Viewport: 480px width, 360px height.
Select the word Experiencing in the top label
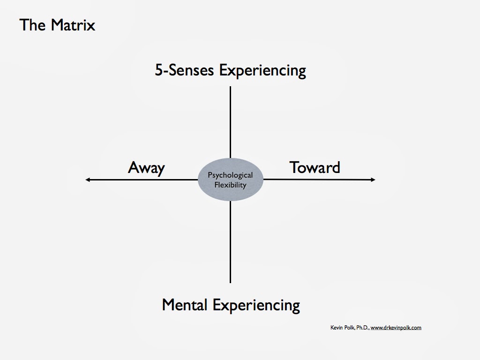(x=262, y=71)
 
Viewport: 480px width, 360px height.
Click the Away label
(x=146, y=167)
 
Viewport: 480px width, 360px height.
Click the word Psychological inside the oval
(x=230, y=175)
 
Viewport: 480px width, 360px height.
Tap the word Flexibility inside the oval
(x=230, y=185)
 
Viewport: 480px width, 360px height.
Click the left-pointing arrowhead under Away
(x=88, y=180)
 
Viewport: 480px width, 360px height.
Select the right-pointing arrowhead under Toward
(x=373, y=180)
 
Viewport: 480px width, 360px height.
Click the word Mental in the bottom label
(x=185, y=305)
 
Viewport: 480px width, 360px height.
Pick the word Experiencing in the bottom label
(x=256, y=306)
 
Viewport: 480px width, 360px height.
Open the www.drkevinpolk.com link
(x=396, y=328)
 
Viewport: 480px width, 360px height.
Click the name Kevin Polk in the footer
(x=343, y=328)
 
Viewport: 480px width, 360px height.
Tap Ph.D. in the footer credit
(x=362, y=328)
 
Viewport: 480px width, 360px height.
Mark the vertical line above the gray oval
(x=230, y=122)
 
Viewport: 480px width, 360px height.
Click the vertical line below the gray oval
(x=230, y=241)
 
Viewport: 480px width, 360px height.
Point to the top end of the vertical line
(x=230, y=88)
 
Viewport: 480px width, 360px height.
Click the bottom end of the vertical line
(x=230, y=282)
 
